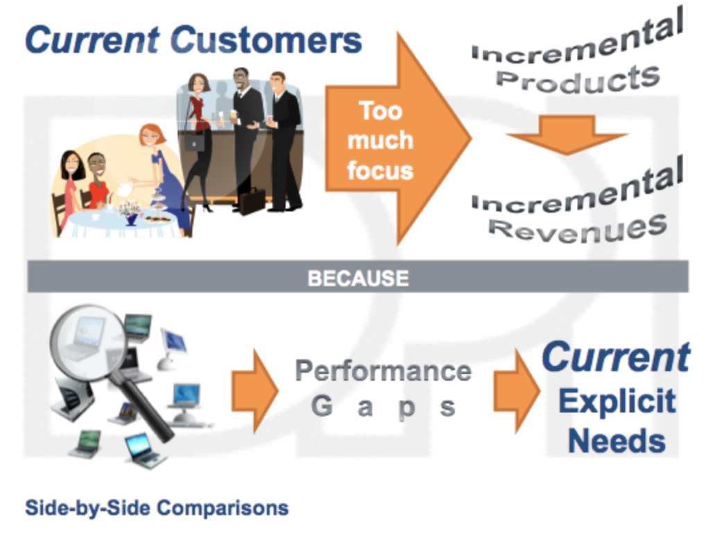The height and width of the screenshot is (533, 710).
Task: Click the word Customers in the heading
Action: point(266,40)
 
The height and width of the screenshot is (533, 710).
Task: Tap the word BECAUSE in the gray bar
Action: point(358,278)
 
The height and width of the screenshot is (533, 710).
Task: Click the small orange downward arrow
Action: point(566,135)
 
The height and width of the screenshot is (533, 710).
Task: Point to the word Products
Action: point(578,79)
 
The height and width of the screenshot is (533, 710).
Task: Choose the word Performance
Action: point(383,371)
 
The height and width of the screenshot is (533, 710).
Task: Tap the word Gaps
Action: point(383,406)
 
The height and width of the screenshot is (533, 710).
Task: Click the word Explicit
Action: point(617,401)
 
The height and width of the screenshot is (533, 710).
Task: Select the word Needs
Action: point(616,440)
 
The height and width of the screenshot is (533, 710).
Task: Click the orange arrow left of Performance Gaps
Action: point(255,391)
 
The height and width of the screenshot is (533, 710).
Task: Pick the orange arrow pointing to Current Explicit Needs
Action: point(517,391)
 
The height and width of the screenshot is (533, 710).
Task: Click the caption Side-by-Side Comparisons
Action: point(157,507)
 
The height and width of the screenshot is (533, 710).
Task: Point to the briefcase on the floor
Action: point(252,200)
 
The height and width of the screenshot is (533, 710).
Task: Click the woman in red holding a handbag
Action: point(198,140)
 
